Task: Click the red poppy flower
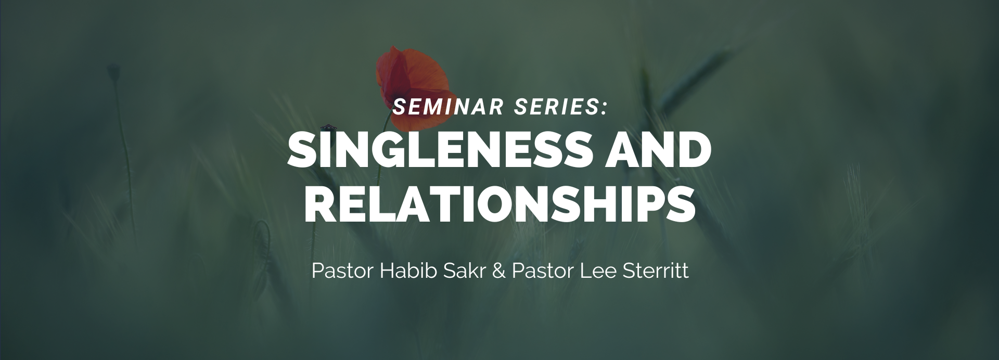pyautogui.click(x=412, y=87)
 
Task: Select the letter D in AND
pyautogui.click(x=694, y=150)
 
